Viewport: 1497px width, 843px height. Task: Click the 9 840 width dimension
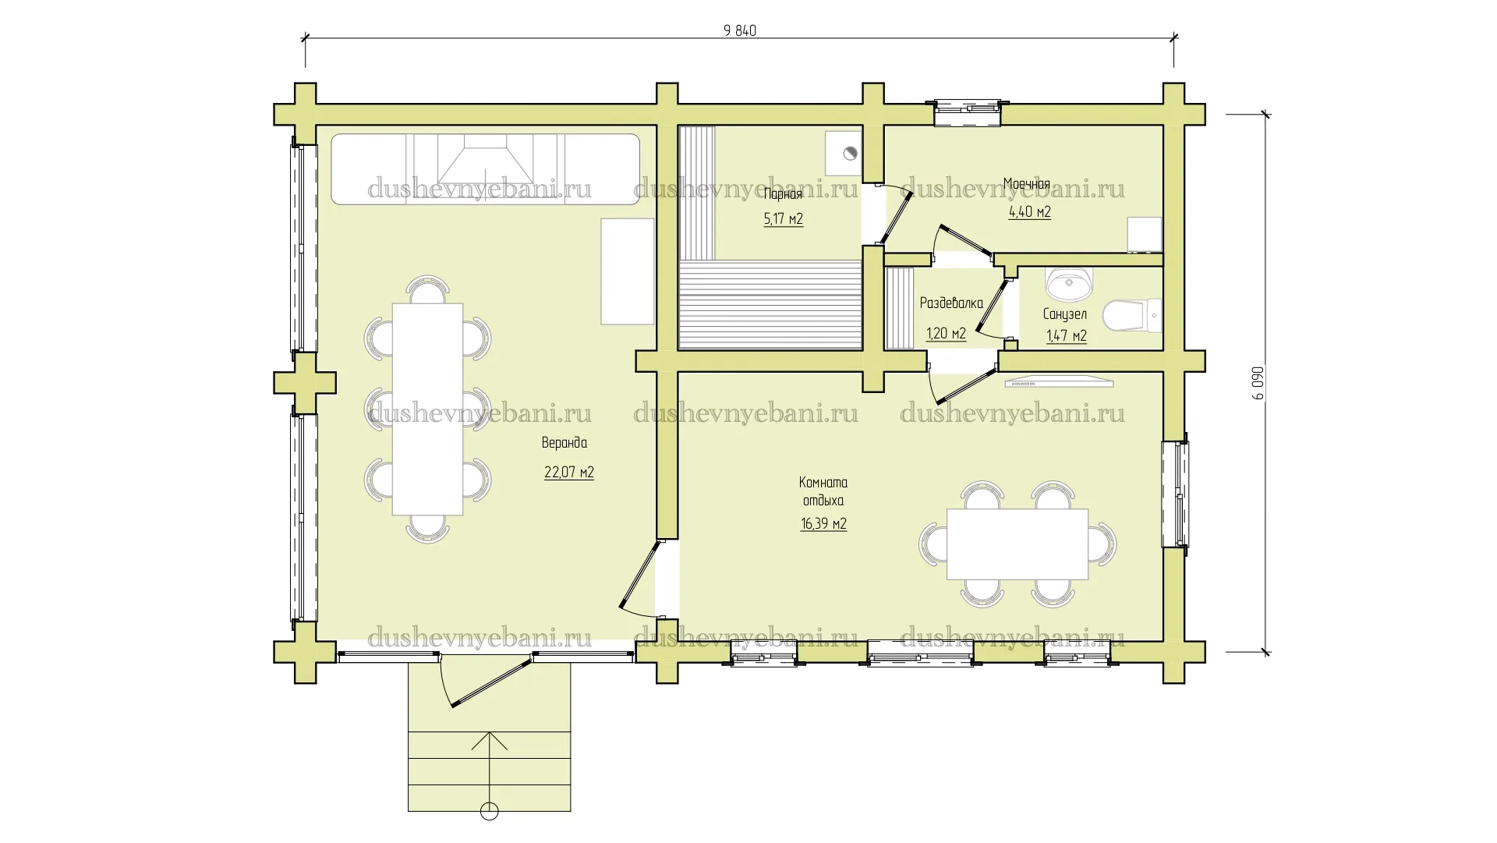(x=740, y=30)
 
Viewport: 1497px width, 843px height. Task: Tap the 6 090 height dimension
(x=1258, y=383)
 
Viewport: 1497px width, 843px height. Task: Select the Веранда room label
(x=564, y=443)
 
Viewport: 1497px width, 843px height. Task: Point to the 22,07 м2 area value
(x=569, y=473)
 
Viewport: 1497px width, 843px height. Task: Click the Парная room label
(x=783, y=195)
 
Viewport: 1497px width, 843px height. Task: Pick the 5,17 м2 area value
(x=784, y=219)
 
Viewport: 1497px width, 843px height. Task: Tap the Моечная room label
(x=1026, y=184)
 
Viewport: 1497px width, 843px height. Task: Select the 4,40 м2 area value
(x=1029, y=212)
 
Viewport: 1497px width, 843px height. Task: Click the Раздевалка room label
(x=951, y=303)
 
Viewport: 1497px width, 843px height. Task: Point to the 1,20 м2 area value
(x=946, y=335)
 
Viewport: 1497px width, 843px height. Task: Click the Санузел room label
(x=1065, y=314)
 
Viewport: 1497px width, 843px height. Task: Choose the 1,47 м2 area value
(x=1066, y=336)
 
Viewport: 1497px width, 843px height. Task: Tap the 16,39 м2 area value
(x=823, y=524)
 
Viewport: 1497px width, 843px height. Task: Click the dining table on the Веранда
(x=427, y=409)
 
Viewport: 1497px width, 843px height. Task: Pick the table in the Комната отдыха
(x=1017, y=544)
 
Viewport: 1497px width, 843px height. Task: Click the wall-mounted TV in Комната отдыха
(x=1059, y=382)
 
